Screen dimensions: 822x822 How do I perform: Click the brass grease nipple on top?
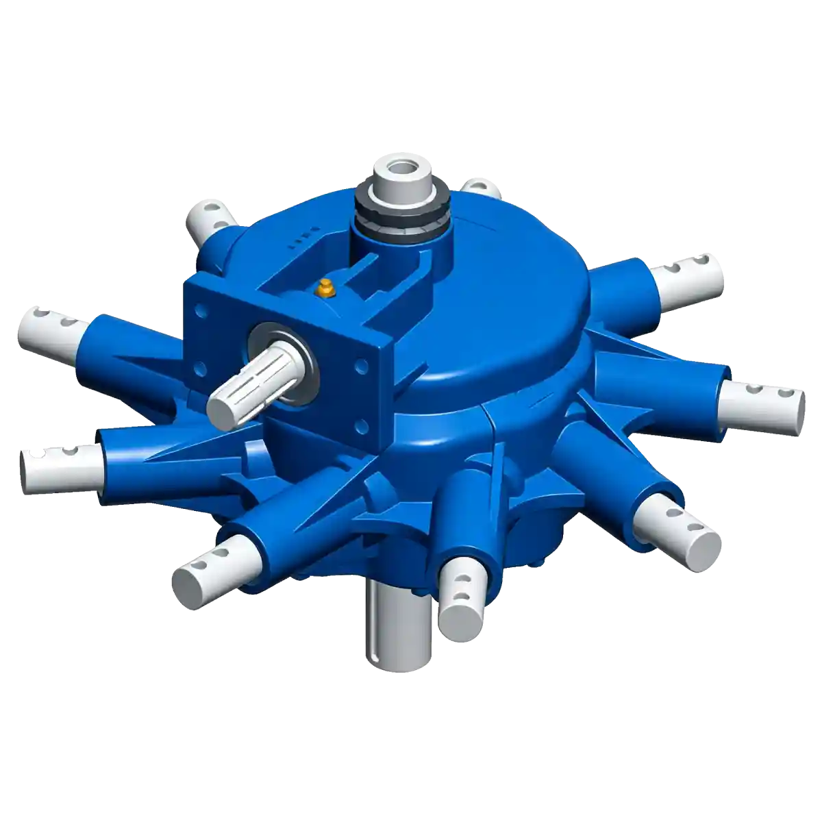tap(326, 290)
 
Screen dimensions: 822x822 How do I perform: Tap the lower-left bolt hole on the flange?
tap(200, 369)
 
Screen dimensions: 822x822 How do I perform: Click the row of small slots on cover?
tap(301, 240)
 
